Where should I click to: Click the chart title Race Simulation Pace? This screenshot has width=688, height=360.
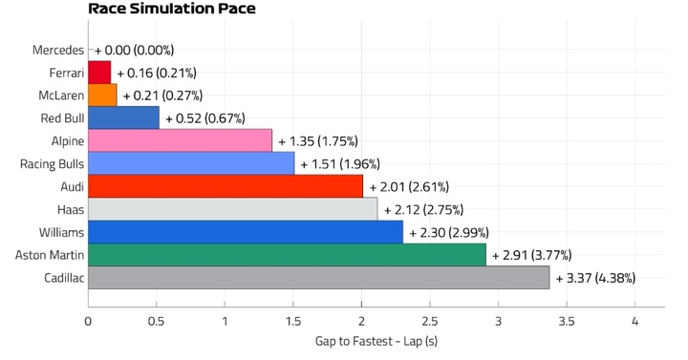click(172, 9)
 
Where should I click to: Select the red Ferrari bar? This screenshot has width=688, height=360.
click(99, 73)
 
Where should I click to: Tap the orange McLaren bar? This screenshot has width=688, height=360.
click(102, 95)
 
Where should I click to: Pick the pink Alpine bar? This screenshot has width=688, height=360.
click(180, 140)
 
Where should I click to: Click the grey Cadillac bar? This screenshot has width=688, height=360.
click(319, 278)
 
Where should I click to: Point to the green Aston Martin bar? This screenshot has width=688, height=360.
click(287, 255)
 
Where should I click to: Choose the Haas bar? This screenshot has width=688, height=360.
click(233, 209)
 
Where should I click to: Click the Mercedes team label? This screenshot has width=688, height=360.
click(58, 50)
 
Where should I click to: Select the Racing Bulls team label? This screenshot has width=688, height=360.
click(52, 164)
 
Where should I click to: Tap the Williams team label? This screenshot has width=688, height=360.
click(61, 232)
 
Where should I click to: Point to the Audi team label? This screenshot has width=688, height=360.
click(73, 187)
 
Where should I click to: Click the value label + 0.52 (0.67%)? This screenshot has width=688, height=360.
click(205, 118)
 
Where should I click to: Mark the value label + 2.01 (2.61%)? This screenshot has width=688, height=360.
click(409, 187)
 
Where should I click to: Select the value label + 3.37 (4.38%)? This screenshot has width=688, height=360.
click(596, 278)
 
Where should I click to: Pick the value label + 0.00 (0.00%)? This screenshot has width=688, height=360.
click(135, 50)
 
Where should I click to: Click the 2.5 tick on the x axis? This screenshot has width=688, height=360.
click(430, 322)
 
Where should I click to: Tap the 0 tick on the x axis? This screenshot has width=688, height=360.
click(88, 322)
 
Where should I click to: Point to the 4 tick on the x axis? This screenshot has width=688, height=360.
click(634, 322)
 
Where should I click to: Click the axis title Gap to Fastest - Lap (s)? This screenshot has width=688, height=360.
click(376, 341)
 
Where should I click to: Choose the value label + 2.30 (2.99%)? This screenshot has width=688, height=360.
click(449, 232)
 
